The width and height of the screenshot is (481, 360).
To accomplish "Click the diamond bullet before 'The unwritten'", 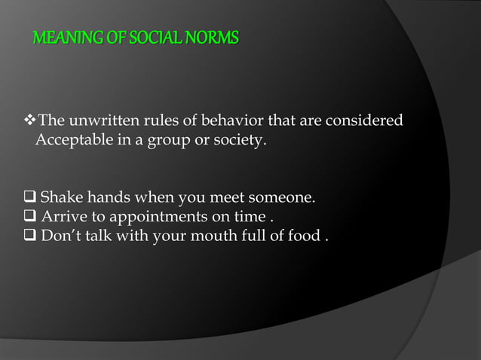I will click(31, 121).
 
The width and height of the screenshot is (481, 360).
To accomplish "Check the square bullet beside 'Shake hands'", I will click(31, 199).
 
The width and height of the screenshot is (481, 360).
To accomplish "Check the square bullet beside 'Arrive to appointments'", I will click(31, 218).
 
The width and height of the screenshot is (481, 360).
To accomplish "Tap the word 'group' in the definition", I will click(155, 140).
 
